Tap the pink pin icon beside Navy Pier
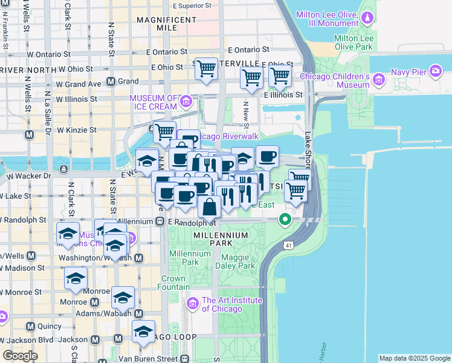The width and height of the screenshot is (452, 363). coord(435,72)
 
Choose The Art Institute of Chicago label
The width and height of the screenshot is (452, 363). coord(232,304)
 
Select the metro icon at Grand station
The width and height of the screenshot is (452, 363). coord(111,81)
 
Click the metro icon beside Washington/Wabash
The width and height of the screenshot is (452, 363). coord(139,258)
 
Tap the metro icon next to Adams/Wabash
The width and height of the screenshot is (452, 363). coord(139,313)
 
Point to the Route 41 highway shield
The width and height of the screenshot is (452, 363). coord(287,244)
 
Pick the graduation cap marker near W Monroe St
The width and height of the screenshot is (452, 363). coord(76,278)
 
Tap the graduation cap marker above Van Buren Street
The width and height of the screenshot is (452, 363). coord(143,332)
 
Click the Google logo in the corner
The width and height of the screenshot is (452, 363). coord(20,356)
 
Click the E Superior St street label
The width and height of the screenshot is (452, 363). coord(192,5)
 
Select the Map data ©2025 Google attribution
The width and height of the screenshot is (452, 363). coord(414,358)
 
